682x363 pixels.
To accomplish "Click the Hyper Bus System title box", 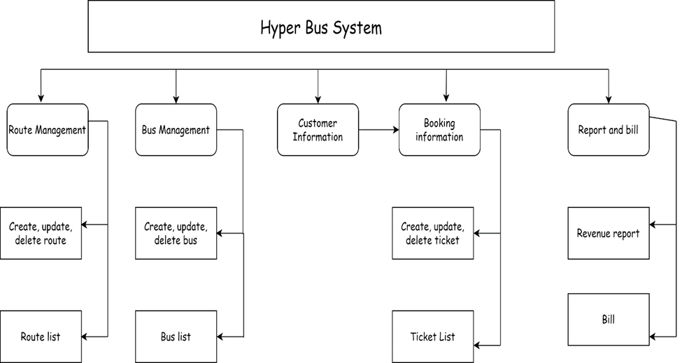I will [x=321, y=27].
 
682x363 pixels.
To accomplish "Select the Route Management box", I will [x=48, y=130].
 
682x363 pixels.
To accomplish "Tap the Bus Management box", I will [x=176, y=130].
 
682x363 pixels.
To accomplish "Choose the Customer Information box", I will [x=318, y=130].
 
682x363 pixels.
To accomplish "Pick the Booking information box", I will [x=439, y=130].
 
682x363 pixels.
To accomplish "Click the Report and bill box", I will [x=608, y=130].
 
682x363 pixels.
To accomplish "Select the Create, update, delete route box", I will [x=41, y=233].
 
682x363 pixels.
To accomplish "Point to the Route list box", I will [x=41, y=336].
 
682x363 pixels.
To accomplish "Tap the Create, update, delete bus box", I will [x=176, y=233].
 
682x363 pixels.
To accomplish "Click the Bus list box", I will [x=176, y=336].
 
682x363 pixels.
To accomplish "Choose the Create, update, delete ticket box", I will [x=432, y=233].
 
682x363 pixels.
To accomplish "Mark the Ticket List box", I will [x=432, y=336].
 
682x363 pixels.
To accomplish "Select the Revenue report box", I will [x=608, y=233].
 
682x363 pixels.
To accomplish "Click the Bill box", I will [x=608, y=320].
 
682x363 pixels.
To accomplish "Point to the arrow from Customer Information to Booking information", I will [x=378, y=130].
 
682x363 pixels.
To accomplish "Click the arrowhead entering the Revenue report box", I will [x=653, y=225].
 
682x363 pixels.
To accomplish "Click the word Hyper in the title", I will [x=277, y=29].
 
